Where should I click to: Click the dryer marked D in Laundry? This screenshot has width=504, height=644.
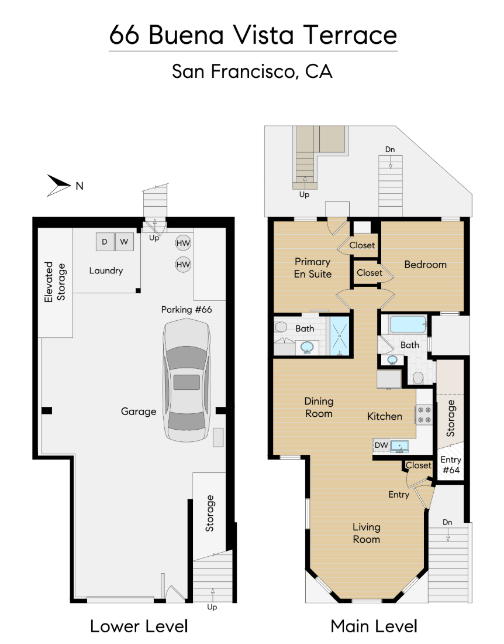point(105,242)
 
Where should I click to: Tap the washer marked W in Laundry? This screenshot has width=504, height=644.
point(124,242)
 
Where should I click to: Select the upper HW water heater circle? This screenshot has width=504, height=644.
point(184,243)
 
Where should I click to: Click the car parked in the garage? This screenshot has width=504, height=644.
point(187,381)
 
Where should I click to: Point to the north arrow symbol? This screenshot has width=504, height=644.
point(58,185)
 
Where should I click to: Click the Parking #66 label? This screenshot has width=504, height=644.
point(187,309)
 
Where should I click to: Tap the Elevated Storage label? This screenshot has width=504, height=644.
point(55,282)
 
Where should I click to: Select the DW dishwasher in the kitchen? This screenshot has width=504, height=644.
point(381,445)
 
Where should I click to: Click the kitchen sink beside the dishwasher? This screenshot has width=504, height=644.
point(399,446)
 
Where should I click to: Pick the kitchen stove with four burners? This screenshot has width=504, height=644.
point(424,415)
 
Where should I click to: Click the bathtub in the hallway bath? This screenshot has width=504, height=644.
point(408,324)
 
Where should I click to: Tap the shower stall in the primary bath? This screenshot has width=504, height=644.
point(340,335)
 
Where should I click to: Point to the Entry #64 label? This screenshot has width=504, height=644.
point(451,465)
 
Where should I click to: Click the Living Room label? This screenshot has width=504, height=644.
point(367,533)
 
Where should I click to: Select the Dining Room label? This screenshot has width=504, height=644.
point(319,407)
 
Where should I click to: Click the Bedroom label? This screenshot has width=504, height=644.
point(425,265)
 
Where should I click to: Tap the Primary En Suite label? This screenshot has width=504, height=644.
point(312,268)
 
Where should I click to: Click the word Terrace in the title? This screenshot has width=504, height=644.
point(350,35)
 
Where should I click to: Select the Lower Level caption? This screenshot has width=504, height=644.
point(139,626)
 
